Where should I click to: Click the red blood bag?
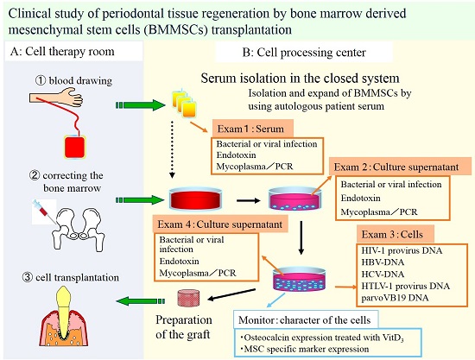click(x=75, y=147)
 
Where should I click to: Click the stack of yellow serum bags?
click(x=184, y=104)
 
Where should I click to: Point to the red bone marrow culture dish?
click(x=195, y=199)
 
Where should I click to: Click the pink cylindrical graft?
click(x=188, y=297)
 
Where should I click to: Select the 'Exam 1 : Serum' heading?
click(x=250, y=129)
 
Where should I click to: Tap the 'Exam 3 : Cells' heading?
click(x=392, y=234)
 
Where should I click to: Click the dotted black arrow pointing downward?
click(x=172, y=149)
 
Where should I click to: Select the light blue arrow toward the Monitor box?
click(x=275, y=301)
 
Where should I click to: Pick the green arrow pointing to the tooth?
click(x=141, y=301)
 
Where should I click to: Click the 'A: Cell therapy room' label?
click(x=62, y=52)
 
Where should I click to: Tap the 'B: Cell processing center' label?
click(x=304, y=53)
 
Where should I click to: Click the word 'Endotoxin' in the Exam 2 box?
click(x=360, y=198)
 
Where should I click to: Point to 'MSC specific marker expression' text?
click(x=305, y=349)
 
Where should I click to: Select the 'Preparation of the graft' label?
click(x=184, y=327)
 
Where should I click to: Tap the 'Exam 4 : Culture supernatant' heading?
click(x=220, y=224)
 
